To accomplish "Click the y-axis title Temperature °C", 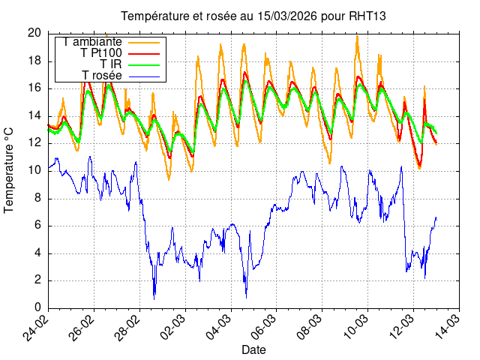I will click(10, 169).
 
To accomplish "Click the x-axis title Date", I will click(253, 349).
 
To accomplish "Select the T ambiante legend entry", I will click(93, 42).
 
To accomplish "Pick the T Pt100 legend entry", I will click(100, 52).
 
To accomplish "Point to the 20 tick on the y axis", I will click(34, 33).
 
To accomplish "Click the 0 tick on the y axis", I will click(38, 308).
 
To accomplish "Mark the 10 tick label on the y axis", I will click(34, 170).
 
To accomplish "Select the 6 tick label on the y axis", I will click(38, 226).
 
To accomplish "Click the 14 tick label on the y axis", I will click(34, 115).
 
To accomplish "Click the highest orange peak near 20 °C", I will click(357, 36).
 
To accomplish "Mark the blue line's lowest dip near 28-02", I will click(154, 298).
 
